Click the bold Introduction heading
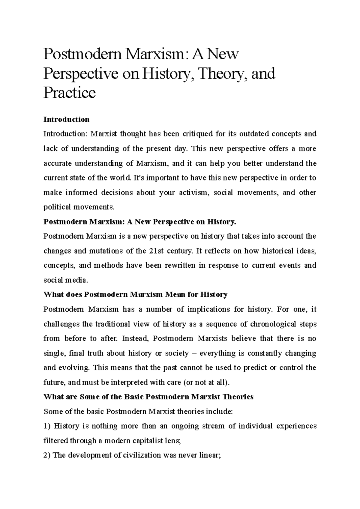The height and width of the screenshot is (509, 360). (x=66, y=119)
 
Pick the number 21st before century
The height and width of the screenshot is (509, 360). (x=156, y=251)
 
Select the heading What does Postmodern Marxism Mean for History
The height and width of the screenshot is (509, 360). (x=135, y=294)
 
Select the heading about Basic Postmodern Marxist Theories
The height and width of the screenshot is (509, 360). (x=148, y=397)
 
